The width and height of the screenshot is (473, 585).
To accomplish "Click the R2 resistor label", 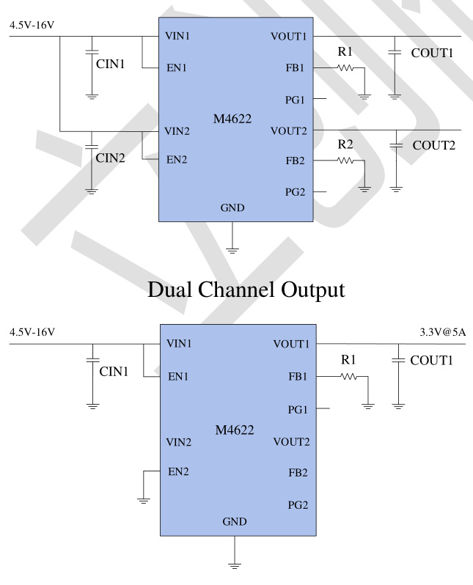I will [346, 143].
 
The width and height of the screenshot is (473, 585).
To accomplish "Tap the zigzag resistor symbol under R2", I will [345, 159].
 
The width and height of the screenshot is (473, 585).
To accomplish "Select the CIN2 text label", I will [110, 156].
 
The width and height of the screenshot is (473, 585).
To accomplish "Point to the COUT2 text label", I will [434, 145].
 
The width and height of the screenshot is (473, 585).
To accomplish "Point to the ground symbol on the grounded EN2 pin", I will [144, 501].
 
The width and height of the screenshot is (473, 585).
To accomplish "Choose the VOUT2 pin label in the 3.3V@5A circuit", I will [291, 442].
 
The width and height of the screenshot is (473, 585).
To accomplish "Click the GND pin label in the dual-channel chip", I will [232, 208].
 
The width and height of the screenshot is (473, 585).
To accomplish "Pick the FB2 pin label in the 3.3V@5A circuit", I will [299, 473].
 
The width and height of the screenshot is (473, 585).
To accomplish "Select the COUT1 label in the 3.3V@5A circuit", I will [433, 361].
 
